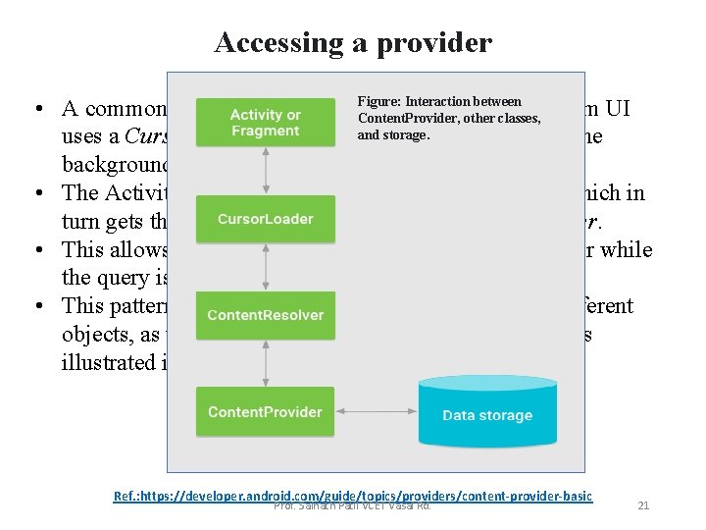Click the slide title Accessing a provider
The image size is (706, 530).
(x=353, y=43)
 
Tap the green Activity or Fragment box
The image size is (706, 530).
(x=265, y=122)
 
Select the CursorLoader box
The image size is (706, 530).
(x=265, y=218)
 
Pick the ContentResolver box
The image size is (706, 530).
(x=265, y=315)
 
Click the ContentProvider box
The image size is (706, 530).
(x=265, y=412)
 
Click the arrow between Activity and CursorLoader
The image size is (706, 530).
(x=266, y=170)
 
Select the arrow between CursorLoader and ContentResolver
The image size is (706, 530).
(x=266, y=267)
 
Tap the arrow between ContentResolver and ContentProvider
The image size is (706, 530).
(x=266, y=363)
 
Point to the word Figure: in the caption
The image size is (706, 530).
(x=378, y=102)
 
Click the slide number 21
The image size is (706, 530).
(x=643, y=505)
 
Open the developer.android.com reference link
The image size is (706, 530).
(x=353, y=496)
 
